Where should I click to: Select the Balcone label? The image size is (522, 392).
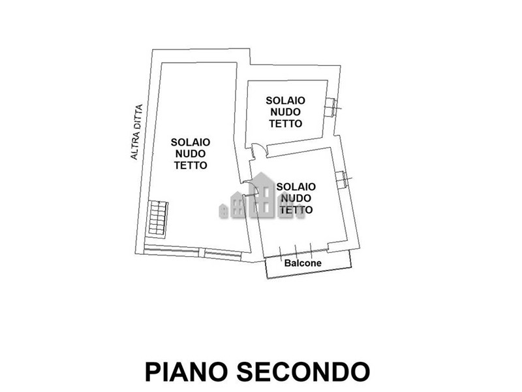[x=303, y=263]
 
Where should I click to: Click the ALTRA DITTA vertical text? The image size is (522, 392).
[x=136, y=132]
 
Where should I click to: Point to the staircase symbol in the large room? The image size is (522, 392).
[x=158, y=219]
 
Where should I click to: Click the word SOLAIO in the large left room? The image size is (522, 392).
[x=191, y=142]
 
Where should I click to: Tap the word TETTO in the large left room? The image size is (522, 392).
[x=191, y=165]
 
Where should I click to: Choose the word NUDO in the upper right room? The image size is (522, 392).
[x=285, y=112]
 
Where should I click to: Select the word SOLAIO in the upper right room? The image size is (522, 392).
[x=285, y=101]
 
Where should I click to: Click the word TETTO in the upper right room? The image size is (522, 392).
[x=285, y=123]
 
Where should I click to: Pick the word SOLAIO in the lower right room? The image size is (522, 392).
[x=296, y=187]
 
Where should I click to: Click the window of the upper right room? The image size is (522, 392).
[x=331, y=107]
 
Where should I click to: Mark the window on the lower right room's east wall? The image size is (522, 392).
[x=342, y=180]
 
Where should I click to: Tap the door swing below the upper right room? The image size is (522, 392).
[x=259, y=150]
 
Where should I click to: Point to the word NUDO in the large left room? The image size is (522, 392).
[x=191, y=154]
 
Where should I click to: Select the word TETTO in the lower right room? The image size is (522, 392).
[x=296, y=210]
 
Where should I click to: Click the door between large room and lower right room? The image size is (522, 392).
[x=250, y=189]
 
